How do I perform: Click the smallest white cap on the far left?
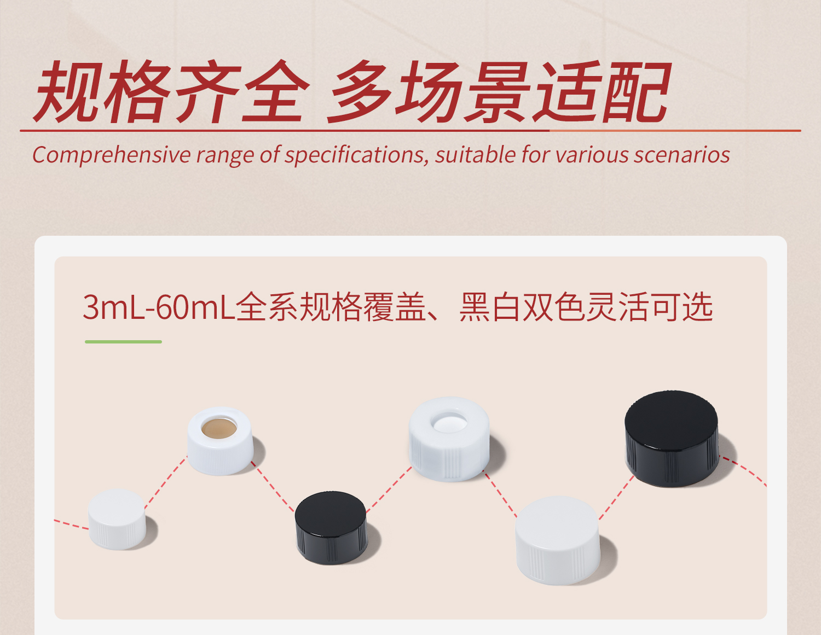tap(117, 519)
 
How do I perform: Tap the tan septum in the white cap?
tap(219, 428)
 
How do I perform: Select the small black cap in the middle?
tap(331, 527)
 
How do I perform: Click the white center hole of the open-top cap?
tap(449, 423)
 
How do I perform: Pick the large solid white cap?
tap(558, 539)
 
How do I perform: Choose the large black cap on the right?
tap(672, 438)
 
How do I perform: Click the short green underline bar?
tap(123, 342)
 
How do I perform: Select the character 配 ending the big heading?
tap(635, 92)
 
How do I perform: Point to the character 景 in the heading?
tap(496, 92)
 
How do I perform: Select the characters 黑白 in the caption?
tap(490, 307)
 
